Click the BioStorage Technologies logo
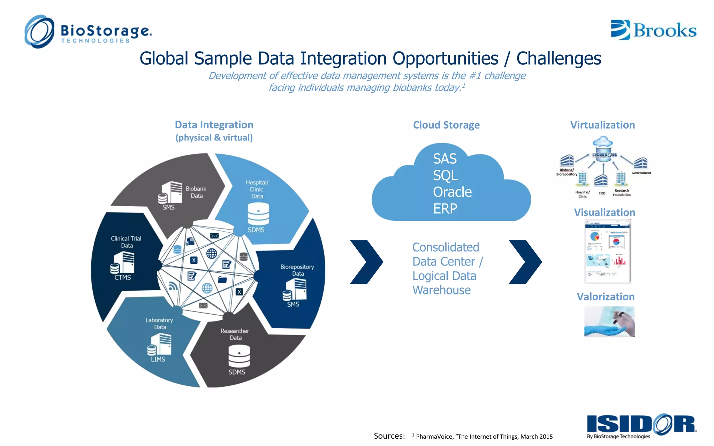click(x=88, y=32)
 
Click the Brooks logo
click(x=653, y=30)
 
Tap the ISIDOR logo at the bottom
click(x=641, y=425)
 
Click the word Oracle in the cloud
click(x=452, y=192)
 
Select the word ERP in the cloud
click(x=445, y=209)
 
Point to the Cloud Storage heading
click(x=446, y=125)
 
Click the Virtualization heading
click(x=602, y=125)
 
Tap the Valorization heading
click(x=605, y=297)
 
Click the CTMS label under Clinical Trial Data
click(x=122, y=278)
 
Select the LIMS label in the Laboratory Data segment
click(x=158, y=359)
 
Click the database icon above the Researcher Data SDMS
click(x=239, y=356)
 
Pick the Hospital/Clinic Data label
click(x=257, y=189)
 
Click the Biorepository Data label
click(x=297, y=270)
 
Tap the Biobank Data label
click(x=196, y=192)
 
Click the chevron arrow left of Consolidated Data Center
click(x=366, y=262)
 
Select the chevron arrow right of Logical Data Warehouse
click(x=525, y=262)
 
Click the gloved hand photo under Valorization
click(x=609, y=322)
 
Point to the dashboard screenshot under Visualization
click(x=608, y=252)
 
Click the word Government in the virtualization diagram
click(x=641, y=173)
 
